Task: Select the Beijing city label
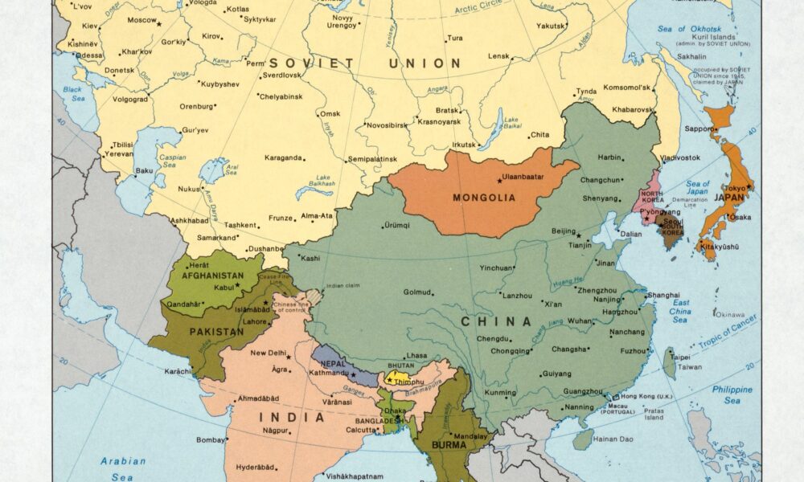click(x=564, y=231)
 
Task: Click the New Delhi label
click(x=269, y=353)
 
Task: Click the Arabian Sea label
click(x=123, y=467)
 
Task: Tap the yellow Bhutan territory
click(x=397, y=376)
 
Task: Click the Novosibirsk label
click(x=366, y=125)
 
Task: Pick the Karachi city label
click(x=178, y=372)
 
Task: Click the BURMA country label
click(x=449, y=443)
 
